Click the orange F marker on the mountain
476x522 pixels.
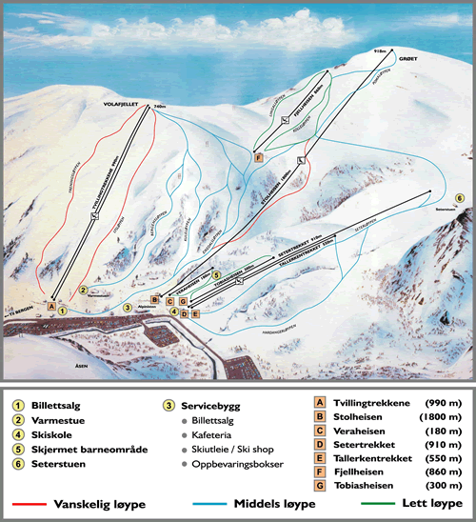tap(258, 157)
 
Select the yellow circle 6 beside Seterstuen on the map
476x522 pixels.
tap(459, 197)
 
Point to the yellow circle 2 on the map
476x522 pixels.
tap(84, 290)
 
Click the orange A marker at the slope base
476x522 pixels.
tap(51, 306)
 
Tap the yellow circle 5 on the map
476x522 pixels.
tap(217, 275)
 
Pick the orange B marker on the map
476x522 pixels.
tap(154, 300)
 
